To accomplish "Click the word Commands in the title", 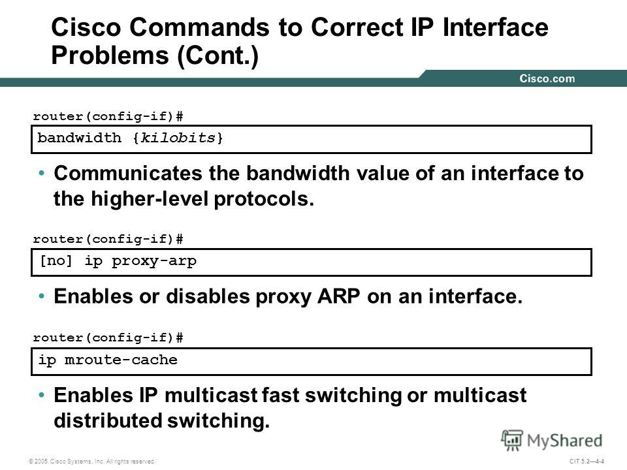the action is coord(200,27).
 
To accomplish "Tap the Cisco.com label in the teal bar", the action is coord(547,78).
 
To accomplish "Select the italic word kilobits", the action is coord(178,138).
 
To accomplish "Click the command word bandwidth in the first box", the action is coord(79,138).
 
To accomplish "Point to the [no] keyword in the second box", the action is coord(56,261).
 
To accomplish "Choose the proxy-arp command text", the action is coord(154,261).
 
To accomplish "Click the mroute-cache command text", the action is coord(121,360).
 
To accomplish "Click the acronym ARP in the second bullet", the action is coord(339,296).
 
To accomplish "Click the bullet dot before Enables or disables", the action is coord(41,296).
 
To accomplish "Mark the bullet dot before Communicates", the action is coord(41,173).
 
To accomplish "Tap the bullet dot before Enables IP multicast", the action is coord(41,395).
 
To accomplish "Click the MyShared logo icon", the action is coord(512,440).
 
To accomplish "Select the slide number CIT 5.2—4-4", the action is coord(587,462).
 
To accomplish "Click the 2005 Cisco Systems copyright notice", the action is coord(92,462).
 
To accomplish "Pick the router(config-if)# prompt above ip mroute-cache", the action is coord(108,337).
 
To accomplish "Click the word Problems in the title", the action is coord(110,55).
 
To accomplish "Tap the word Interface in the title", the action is coord(496,27).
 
